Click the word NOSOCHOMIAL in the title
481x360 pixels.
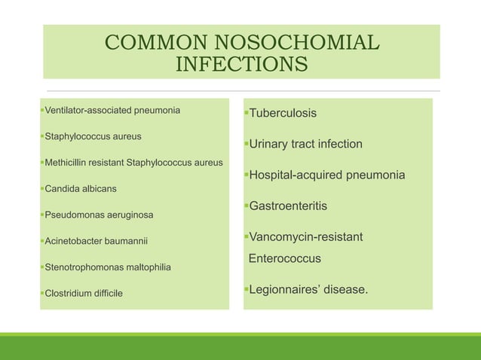click(x=293, y=43)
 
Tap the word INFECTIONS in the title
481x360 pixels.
click(x=241, y=65)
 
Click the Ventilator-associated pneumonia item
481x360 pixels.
click(x=112, y=111)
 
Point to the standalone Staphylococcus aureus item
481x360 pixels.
click(x=93, y=137)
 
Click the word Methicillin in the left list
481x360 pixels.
click(x=69, y=163)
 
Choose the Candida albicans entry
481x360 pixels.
click(x=81, y=188)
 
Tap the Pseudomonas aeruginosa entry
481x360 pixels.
click(x=99, y=215)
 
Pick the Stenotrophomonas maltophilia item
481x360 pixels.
click(x=108, y=267)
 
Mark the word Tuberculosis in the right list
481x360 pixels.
click(x=283, y=113)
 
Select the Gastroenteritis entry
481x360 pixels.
click(x=288, y=206)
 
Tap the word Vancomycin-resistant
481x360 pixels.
click(x=305, y=237)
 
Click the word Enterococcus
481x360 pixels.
click(x=285, y=258)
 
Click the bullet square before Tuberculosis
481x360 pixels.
click(x=246, y=112)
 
